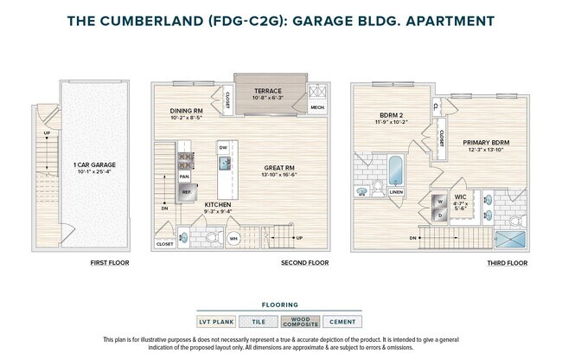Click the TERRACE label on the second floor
(x=267, y=91)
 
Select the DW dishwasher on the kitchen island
(x=223, y=148)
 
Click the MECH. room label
(x=317, y=107)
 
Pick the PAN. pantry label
(x=184, y=176)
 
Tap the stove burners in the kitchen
(x=185, y=159)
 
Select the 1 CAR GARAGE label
(x=94, y=164)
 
